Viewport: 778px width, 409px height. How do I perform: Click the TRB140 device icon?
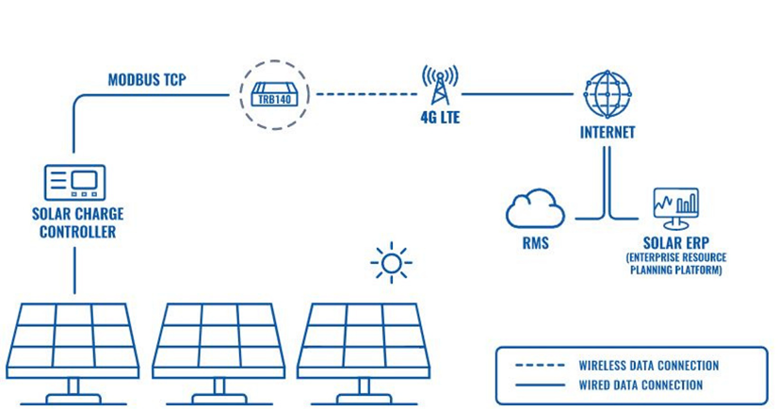coord(273,94)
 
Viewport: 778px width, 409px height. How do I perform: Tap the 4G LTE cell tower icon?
coord(440,86)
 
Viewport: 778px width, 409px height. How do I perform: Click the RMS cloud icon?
coord(535,209)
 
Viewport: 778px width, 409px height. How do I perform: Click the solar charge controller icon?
coord(75,182)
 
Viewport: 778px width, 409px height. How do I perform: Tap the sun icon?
coord(391,262)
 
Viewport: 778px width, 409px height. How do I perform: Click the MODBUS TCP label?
coord(146,79)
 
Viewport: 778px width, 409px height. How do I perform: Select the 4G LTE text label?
coord(440,121)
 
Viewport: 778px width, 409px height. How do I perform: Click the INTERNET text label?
coord(607,133)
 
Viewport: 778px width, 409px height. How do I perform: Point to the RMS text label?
coord(535,243)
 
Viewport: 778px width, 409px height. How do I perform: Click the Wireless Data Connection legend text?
coord(648,365)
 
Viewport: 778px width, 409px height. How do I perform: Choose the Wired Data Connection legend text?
coord(640,384)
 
